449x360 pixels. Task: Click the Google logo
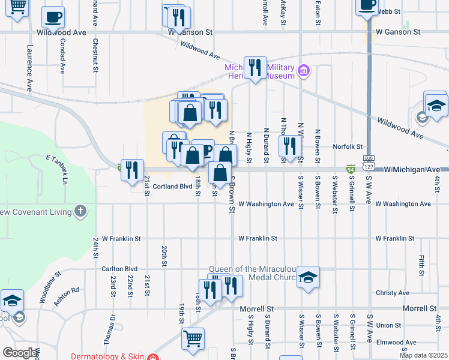[x=19, y=353]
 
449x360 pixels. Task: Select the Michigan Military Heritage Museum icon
[x=304, y=72]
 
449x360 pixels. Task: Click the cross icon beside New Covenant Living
[x=80, y=211]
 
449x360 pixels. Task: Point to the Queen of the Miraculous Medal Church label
[x=252, y=273]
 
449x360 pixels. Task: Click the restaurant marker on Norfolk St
[x=290, y=146]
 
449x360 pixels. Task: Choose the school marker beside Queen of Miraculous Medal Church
[x=308, y=277]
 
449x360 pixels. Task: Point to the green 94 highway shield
[x=350, y=170]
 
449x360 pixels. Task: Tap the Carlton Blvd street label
[x=119, y=269]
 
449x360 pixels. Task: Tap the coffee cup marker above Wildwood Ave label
[x=53, y=18]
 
